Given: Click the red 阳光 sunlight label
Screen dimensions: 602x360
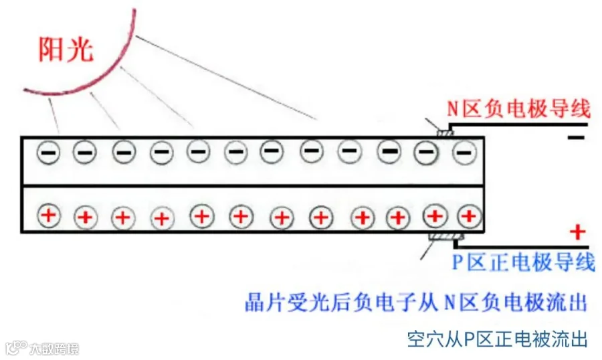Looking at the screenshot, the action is coord(66,50).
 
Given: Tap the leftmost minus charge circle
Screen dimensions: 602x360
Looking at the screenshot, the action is coord(47,153).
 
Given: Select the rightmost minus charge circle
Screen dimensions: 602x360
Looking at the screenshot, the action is coord(463,154).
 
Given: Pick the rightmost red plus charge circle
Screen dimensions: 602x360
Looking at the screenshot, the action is coord(469,215).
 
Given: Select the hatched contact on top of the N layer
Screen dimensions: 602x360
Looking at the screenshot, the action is coord(443,132).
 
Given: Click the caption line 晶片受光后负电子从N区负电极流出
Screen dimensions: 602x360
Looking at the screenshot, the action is coord(415,302).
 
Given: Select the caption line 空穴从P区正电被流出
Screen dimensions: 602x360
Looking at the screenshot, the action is coord(497,339).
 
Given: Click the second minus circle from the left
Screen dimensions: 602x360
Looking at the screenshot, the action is coord(84,153).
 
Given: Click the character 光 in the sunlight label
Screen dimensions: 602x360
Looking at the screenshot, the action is coord(80,50).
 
